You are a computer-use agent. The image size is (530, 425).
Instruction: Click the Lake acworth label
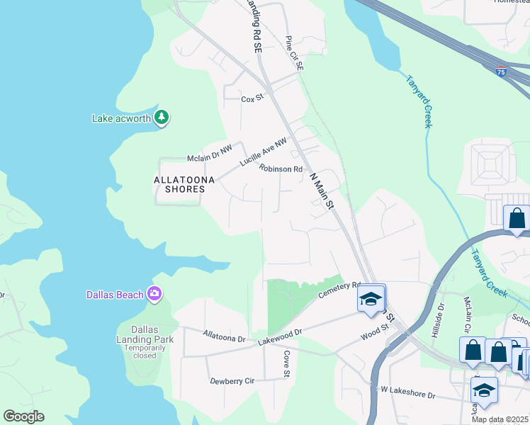click(121, 118)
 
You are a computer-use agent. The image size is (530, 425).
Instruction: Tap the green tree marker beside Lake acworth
click(162, 117)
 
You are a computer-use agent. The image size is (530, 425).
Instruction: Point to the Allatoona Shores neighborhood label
click(184, 185)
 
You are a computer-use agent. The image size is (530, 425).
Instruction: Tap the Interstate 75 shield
click(501, 72)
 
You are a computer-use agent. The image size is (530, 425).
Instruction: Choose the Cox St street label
click(252, 99)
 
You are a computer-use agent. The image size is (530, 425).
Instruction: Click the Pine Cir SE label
click(293, 53)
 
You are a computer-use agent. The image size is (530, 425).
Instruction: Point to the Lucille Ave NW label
click(263, 152)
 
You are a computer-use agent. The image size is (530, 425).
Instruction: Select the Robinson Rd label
click(281, 169)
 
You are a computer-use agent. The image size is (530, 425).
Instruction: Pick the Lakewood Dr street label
click(280, 336)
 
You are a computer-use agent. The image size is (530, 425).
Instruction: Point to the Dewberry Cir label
click(232, 381)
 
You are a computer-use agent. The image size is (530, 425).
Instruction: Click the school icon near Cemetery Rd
click(370, 299)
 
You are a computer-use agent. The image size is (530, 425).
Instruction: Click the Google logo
click(23, 416)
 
